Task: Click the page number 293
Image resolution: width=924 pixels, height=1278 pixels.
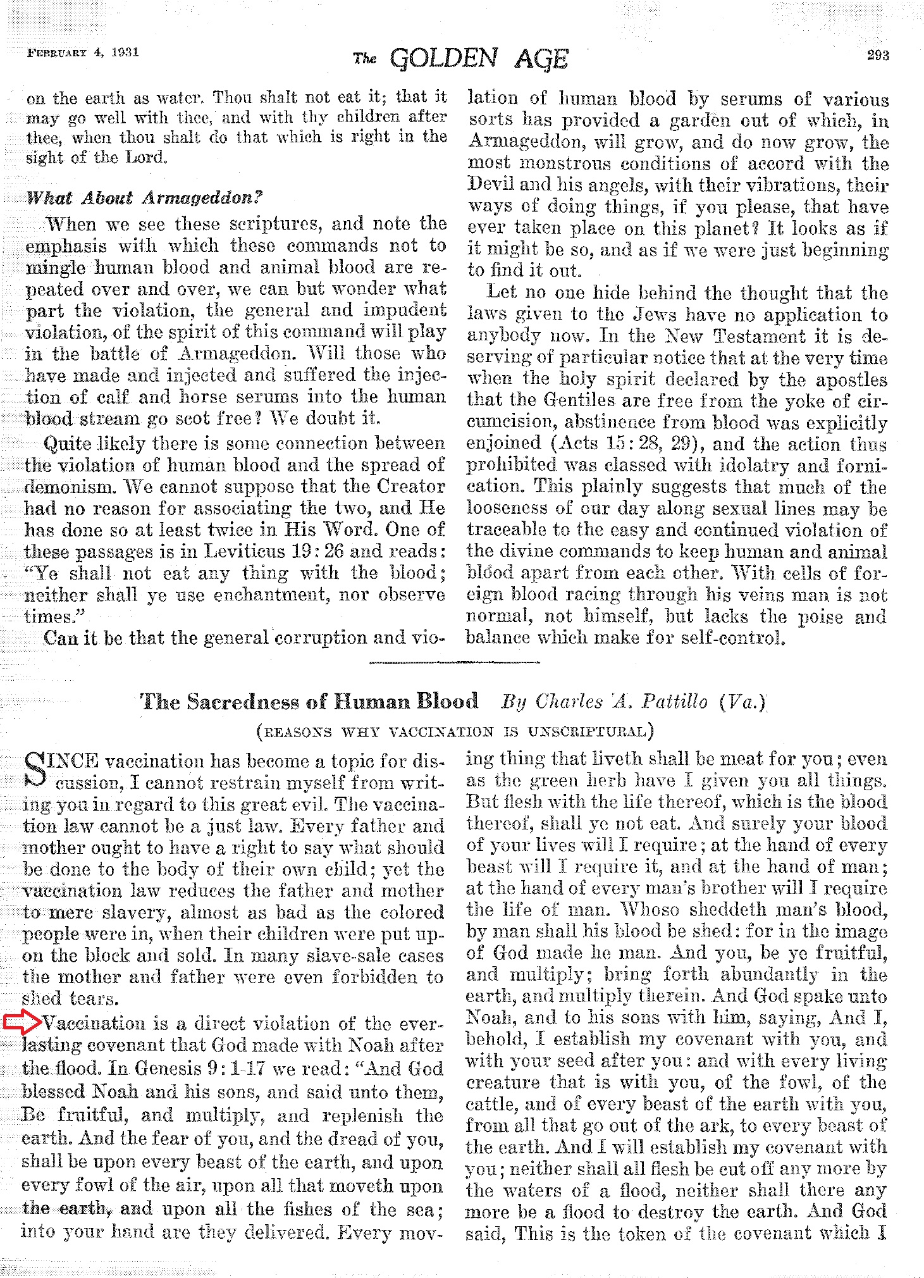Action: [x=877, y=56]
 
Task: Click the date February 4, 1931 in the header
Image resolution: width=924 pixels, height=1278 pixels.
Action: [x=83, y=53]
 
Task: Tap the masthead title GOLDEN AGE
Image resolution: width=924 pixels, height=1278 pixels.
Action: [x=479, y=59]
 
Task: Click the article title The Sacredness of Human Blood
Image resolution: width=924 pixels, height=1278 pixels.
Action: [x=309, y=702]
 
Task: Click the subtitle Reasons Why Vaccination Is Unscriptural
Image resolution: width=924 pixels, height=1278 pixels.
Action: [x=455, y=732]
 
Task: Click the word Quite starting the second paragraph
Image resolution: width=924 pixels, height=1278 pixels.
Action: [x=67, y=444]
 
